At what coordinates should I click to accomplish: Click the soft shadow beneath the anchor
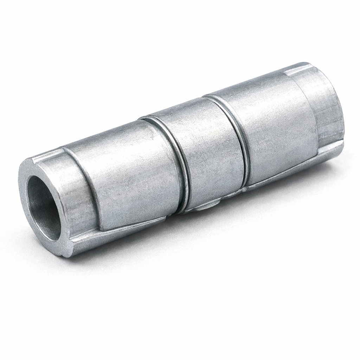(x=211, y=246)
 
